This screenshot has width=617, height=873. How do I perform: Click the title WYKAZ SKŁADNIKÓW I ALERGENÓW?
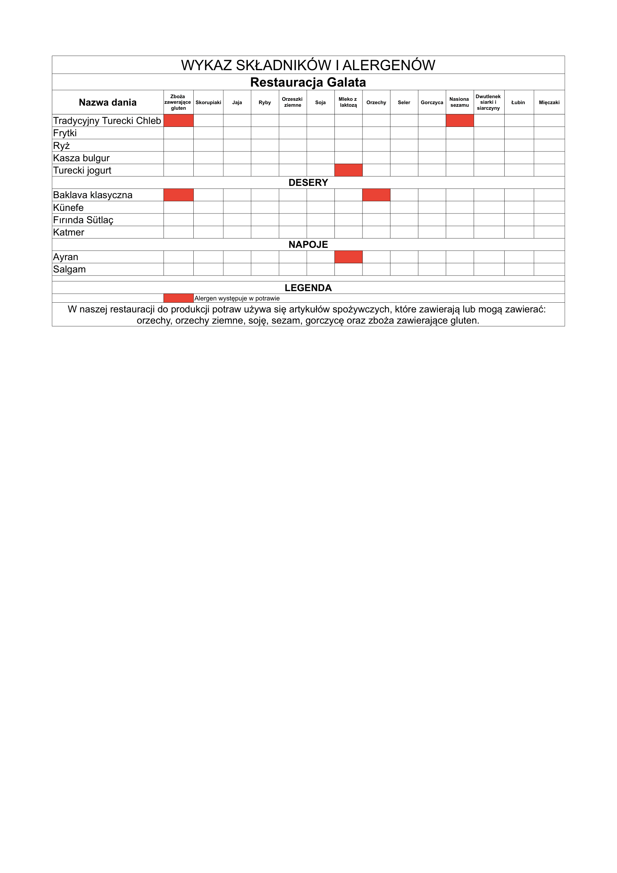tap(308, 65)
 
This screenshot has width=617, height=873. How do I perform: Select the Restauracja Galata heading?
tap(308, 82)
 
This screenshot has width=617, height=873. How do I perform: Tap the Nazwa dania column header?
tap(107, 102)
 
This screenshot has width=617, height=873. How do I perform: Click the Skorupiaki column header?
tap(208, 102)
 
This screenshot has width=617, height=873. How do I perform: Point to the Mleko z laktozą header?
tap(348, 102)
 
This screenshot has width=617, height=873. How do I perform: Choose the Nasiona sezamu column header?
tap(459, 102)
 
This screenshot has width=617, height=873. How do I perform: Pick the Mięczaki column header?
tap(549, 102)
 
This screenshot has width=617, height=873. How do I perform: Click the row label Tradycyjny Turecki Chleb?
tap(107, 121)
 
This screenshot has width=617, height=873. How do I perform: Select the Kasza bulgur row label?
tap(81, 158)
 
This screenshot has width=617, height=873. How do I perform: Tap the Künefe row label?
tap(68, 208)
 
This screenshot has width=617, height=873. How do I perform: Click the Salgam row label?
tap(69, 269)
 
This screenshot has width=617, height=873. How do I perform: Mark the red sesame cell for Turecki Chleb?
tap(459, 121)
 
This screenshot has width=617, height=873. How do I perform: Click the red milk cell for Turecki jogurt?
tap(348, 170)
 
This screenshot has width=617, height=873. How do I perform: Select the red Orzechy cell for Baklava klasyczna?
tap(376, 195)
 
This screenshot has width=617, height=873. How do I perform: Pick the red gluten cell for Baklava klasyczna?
tap(178, 195)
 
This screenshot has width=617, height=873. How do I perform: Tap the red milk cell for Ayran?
tap(348, 257)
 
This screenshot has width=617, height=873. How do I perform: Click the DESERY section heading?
tap(308, 183)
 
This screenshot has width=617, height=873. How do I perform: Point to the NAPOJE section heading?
tap(308, 244)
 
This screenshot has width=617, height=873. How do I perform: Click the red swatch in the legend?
tap(178, 298)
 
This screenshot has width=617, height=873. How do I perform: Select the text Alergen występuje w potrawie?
tap(237, 299)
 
